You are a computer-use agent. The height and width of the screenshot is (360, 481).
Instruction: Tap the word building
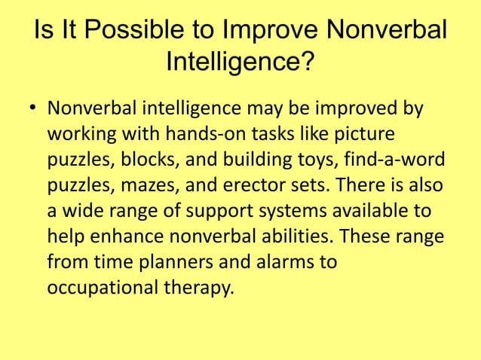pyautogui.click(x=240, y=162)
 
